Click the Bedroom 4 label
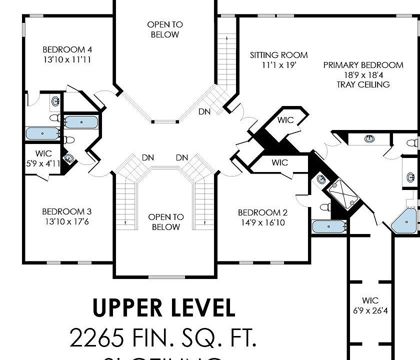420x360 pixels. [x=67, y=49]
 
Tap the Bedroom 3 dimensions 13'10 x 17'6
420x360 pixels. [x=66, y=221]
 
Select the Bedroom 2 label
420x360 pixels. [x=262, y=212]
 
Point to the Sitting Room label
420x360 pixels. [x=279, y=55]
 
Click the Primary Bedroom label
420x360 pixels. [x=363, y=65]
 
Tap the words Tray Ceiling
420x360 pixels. [x=363, y=84]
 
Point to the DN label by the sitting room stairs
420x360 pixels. [x=204, y=111]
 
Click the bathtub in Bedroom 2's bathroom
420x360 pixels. [x=329, y=226]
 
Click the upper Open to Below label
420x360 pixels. [x=165, y=29]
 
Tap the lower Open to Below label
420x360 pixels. [x=165, y=222]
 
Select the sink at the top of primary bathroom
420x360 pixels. [x=369, y=138]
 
